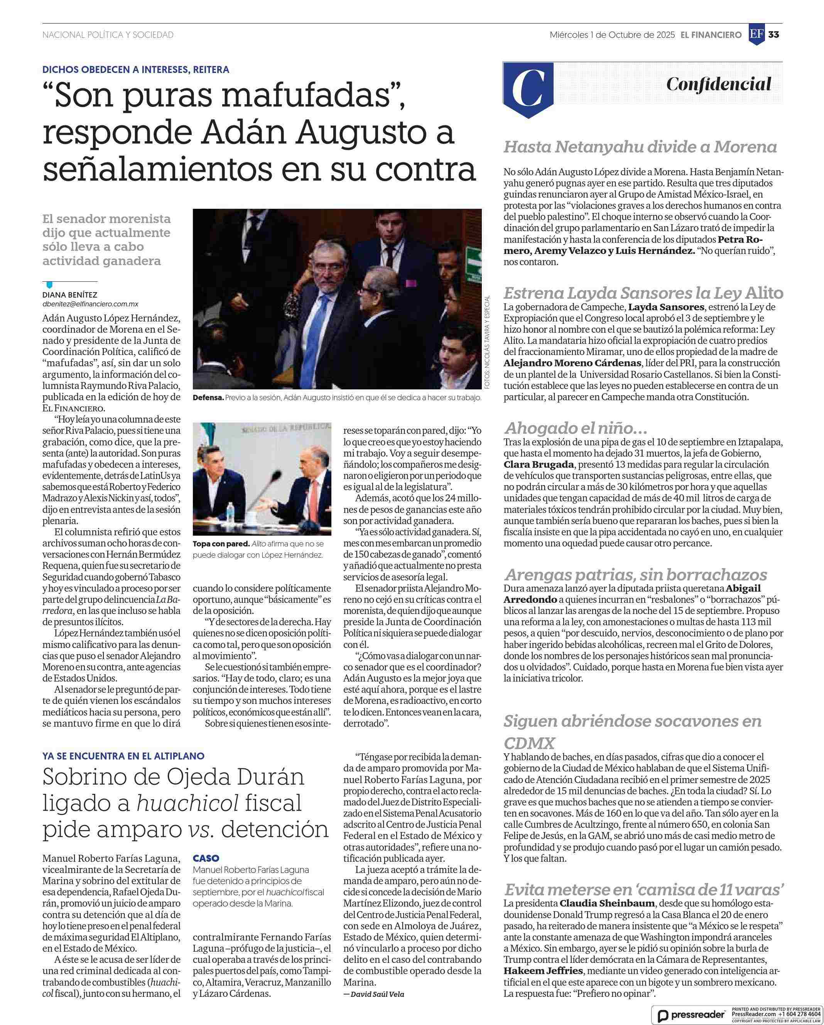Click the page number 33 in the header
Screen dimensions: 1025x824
pyautogui.click(x=773, y=35)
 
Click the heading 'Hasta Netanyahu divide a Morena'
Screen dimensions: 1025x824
pyautogui.click(x=640, y=147)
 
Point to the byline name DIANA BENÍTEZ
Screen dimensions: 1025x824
pyautogui.click(x=69, y=295)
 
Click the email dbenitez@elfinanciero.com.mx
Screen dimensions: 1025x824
pyautogui.click(x=90, y=304)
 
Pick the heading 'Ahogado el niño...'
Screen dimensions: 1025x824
pyautogui.click(x=576, y=428)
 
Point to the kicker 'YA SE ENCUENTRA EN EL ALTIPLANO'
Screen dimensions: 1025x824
pyautogui.click(x=123, y=756)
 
